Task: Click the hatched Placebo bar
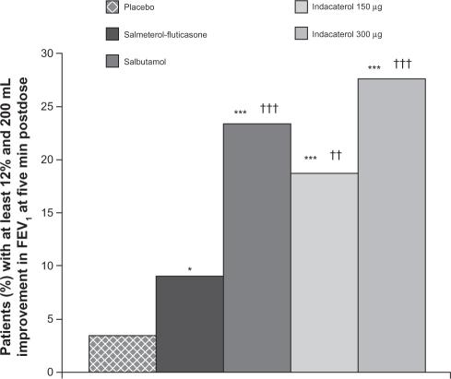point(122,353)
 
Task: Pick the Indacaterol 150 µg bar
point(325,273)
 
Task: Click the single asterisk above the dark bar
point(189,269)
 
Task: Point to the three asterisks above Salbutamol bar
point(241,113)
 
